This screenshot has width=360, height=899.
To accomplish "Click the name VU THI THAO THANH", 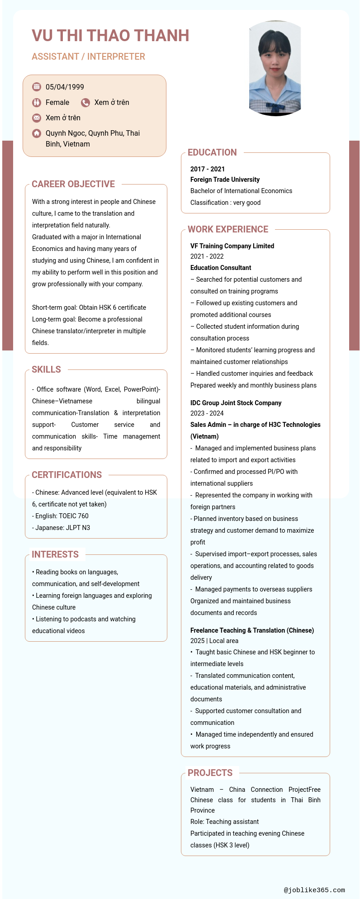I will point(110,36).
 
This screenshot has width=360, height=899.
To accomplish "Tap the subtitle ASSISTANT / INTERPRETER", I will point(88,57).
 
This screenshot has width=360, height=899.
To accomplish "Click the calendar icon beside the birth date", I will point(37,87).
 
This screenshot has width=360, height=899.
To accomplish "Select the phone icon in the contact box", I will point(85,103).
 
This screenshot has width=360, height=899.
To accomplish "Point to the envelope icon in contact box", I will point(37,118).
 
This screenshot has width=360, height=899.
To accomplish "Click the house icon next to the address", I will point(37,133).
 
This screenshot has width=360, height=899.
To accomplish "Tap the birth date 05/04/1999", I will point(65,87).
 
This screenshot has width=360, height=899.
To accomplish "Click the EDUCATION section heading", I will point(212,152).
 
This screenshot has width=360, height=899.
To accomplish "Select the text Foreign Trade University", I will point(225,180).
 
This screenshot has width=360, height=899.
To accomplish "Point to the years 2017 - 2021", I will point(208,169).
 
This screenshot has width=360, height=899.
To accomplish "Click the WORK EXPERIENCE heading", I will point(228,229).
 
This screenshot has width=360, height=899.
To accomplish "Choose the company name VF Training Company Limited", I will point(232,246).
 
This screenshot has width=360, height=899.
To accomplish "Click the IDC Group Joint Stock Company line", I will point(236,403).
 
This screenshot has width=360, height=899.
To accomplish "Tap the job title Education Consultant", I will point(221,268).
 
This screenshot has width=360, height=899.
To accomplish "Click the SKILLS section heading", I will point(46,369).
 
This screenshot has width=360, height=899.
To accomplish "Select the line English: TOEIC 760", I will point(60,516).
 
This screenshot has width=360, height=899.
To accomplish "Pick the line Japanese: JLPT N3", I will point(61,528).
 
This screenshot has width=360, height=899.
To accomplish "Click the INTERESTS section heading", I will point(55,554).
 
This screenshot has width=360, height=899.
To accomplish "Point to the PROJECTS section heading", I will point(210,773).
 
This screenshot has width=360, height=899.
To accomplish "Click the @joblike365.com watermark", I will point(314,890).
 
